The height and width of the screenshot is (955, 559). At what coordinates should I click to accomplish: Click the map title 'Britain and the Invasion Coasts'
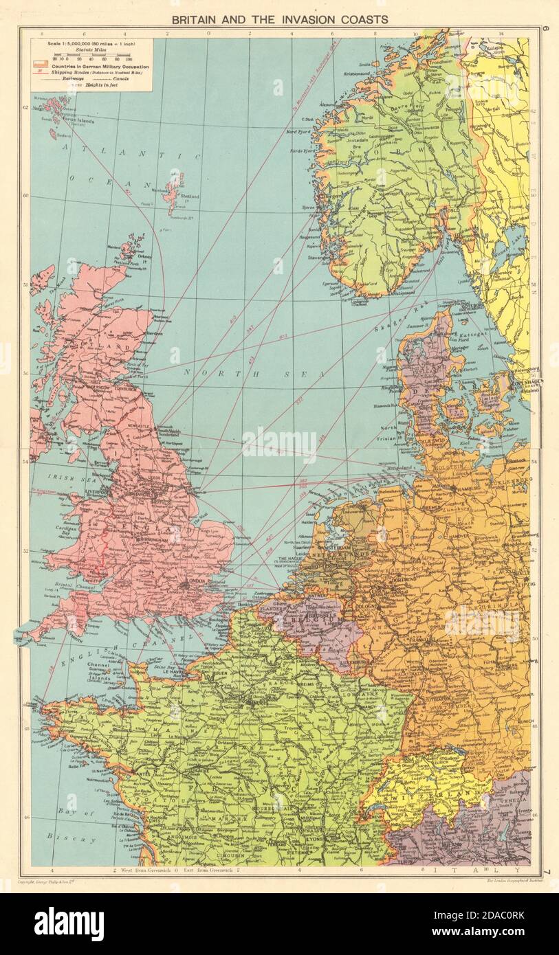(x=279, y=19)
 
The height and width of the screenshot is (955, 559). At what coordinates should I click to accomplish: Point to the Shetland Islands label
(x=189, y=196)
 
